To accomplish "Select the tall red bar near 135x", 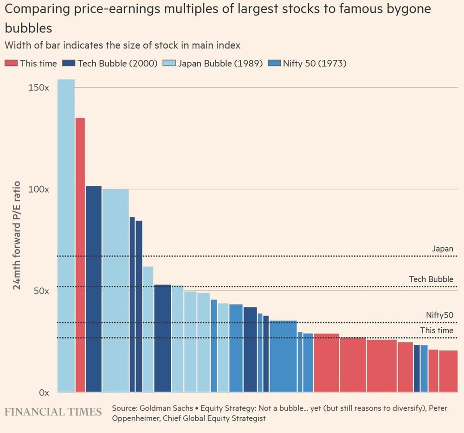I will pos(80,255).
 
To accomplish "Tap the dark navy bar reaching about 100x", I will pos(94,288).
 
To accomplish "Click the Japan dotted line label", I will pos(442,249).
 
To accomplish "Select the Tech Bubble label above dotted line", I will pos(431,279).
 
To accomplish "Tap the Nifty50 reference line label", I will pos(439,315).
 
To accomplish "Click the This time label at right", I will pos(437,330).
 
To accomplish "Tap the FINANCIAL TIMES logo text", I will pos(53,412).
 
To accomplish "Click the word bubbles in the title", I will pos(28,28).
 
